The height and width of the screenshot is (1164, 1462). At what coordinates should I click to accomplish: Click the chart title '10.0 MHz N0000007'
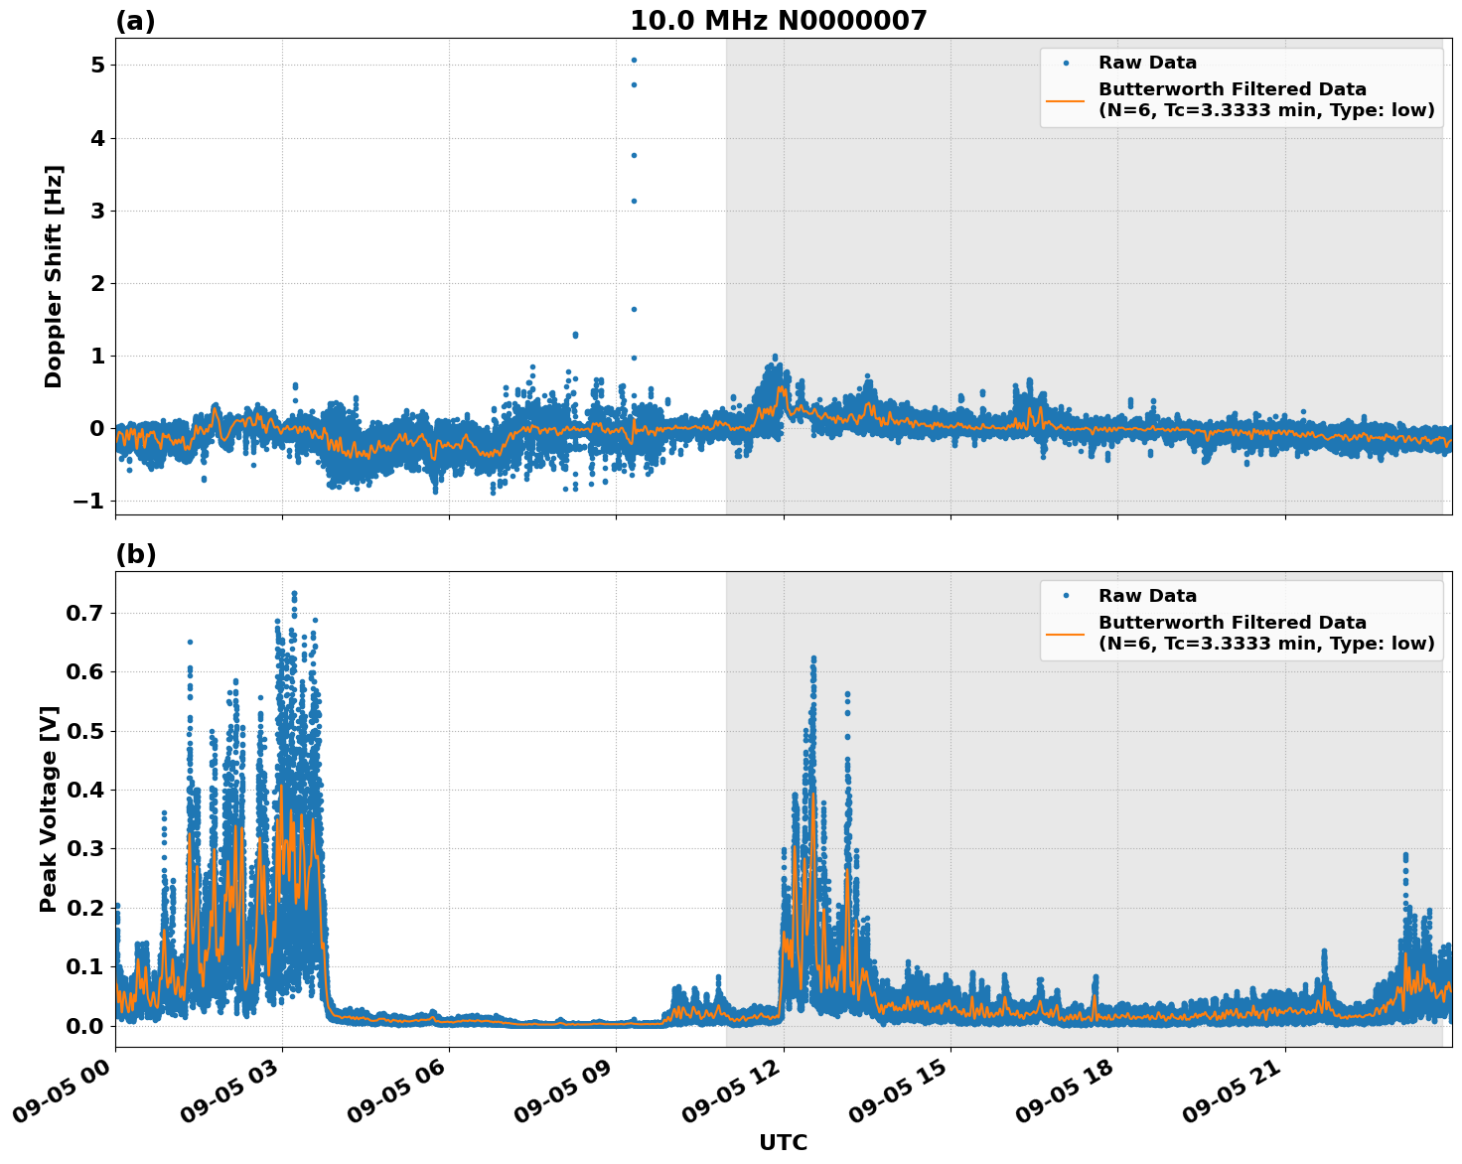click(x=778, y=21)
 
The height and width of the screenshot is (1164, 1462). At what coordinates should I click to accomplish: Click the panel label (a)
click(x=135, y=21)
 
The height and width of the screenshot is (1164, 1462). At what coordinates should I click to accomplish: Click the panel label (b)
click(x=135, y=554)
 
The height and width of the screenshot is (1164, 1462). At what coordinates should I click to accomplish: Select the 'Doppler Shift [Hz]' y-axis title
click(x=54, y=276)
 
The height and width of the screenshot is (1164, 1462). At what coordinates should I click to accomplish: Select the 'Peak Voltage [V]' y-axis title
click(x=49, y=808)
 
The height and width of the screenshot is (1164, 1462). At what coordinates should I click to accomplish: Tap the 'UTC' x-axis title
click(x=783, y=1142)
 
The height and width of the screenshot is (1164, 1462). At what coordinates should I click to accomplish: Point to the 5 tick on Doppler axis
click(x=97, y=66)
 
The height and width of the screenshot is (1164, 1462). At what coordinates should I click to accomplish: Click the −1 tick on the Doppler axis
click(x=88, y=501)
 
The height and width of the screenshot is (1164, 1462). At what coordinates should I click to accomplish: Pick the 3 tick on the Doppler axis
click(x=97, y=211)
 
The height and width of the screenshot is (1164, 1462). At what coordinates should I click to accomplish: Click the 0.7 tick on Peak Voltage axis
click(x=84, y=614)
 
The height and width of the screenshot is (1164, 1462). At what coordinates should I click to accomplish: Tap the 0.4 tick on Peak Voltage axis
click(x=84, y=791)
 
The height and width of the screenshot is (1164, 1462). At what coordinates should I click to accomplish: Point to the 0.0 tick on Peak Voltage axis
click(x=84, y=1026)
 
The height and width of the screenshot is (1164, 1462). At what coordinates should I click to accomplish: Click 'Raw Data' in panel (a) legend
click(x=1147, y=63)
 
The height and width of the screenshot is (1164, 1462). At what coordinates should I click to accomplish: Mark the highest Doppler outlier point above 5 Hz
click(x=634, y=60)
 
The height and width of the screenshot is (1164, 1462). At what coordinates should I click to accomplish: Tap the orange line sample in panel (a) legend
click(x=1066, y=99)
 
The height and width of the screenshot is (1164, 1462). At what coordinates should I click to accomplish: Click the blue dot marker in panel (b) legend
click(x=1066, y=596)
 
